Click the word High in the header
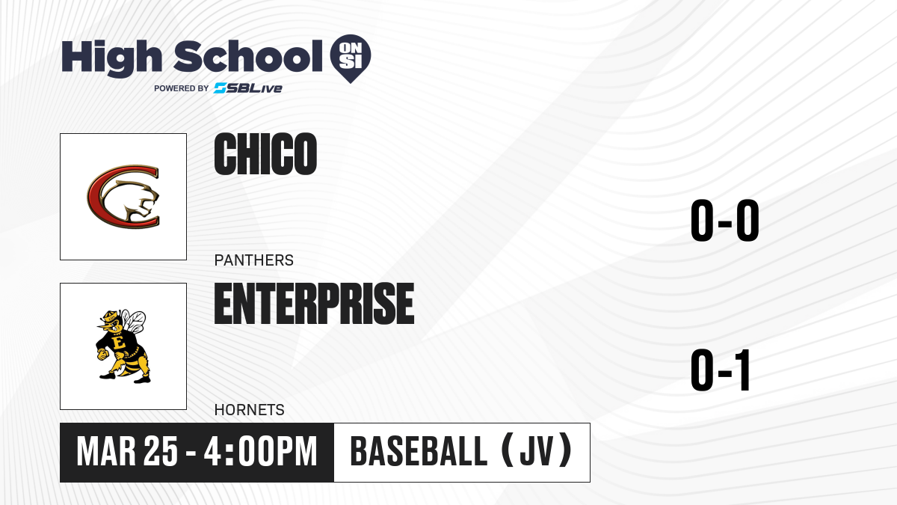111,58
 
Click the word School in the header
248,56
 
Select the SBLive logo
248,88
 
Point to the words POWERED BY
182,88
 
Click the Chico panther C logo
123,197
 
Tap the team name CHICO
265,154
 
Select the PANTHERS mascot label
254,260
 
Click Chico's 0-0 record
725,220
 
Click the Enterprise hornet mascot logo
122,346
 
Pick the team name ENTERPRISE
315,304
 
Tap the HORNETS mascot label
250,410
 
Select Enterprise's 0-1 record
721,370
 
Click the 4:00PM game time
260,452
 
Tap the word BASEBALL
419,452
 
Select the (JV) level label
537,450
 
